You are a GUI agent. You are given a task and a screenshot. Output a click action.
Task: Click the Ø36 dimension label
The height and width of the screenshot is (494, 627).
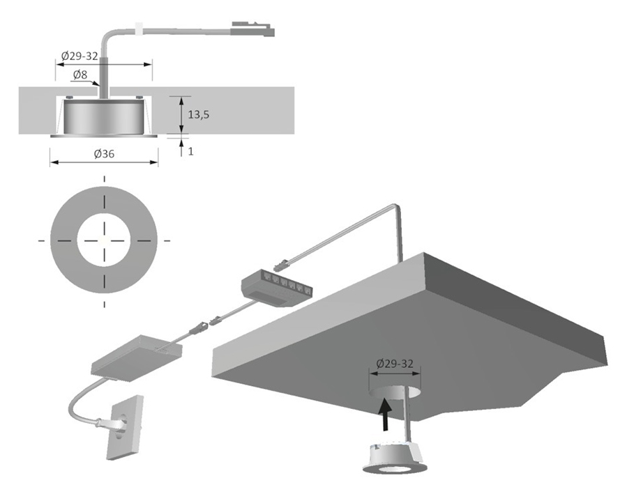pos(104,155)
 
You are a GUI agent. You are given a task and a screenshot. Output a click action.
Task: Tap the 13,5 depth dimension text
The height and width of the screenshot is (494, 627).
pos(199,115)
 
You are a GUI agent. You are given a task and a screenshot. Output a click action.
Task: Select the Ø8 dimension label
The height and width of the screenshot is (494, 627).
pos(81,75)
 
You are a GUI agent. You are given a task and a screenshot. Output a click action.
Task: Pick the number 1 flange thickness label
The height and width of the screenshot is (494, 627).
pos(191,150)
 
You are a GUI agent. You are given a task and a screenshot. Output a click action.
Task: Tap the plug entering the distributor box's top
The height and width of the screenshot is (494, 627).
pos(282,265)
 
